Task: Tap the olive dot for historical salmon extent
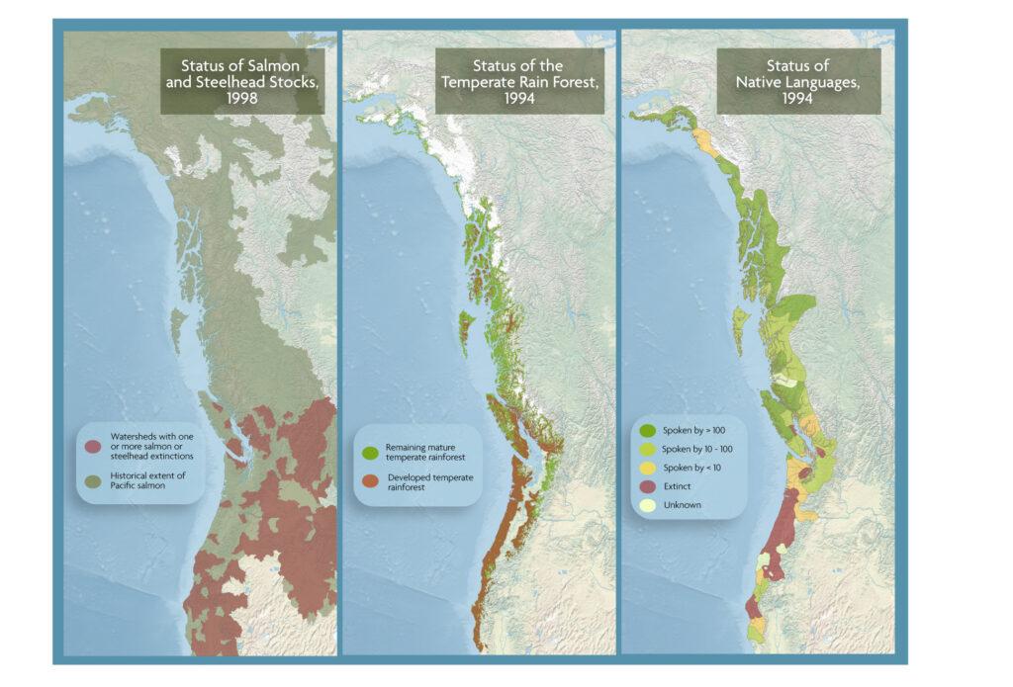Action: click(92, 479)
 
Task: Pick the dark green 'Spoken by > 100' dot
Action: click(647, 431)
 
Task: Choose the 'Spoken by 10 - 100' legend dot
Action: click(647, 450)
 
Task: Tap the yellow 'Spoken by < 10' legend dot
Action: click(647, 469)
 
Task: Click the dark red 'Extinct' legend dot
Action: click(647, 487)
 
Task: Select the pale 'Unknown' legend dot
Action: click(647, 506)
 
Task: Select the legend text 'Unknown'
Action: click(681, 506)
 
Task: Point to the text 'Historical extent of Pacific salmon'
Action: click(142, 479)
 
